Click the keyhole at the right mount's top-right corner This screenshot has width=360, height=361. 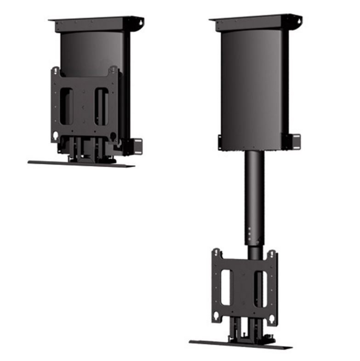pos(272,253)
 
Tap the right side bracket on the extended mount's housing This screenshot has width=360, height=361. pos(295,141)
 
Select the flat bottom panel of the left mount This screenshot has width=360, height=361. pos(81,164)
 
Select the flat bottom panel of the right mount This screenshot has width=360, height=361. pos(240,344)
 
